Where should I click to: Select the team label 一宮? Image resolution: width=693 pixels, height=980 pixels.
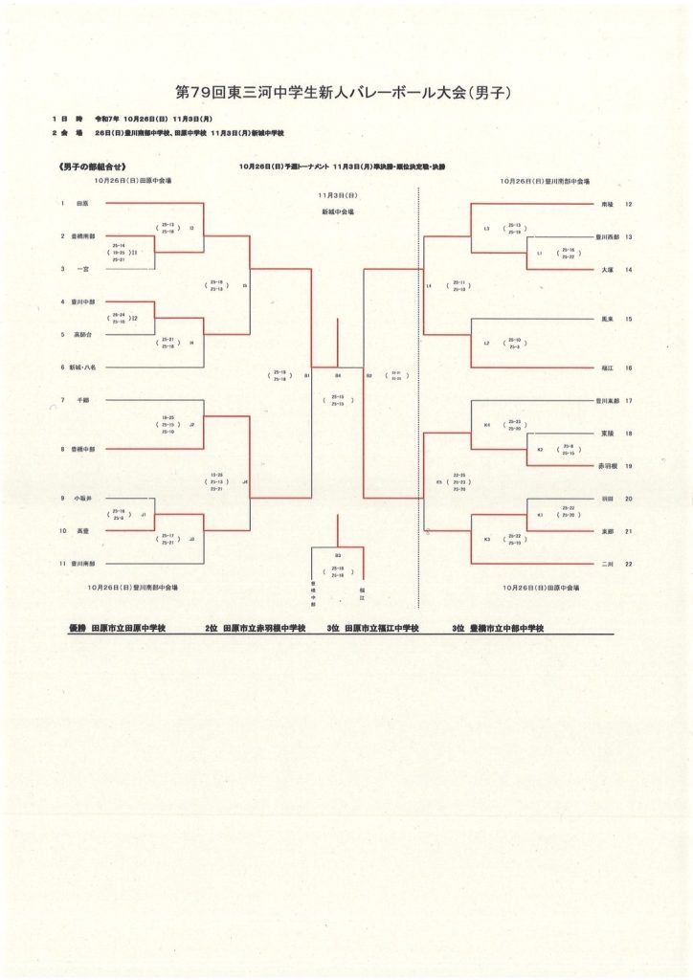(83, 270)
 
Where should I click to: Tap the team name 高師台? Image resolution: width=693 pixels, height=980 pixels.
(84, 335)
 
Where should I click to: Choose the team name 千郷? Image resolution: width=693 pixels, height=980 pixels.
(82, 400)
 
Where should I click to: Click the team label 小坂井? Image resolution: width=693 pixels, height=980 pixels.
(83, 499)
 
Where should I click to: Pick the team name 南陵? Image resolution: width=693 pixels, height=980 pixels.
(607, 204)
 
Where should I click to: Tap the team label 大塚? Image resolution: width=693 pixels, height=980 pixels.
(607, 270)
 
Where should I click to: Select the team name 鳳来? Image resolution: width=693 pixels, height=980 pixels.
(607, 318)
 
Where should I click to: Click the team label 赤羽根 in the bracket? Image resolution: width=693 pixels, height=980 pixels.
(607, 466)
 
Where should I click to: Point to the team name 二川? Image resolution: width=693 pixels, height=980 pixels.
(607, 564)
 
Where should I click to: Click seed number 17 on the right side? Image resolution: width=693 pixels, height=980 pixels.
(629, 401)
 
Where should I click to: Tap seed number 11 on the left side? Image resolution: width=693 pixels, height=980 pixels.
(62, 564)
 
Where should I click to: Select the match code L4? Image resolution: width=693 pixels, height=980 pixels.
(429, 285)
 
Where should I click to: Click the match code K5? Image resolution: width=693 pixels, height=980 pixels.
(439, 482)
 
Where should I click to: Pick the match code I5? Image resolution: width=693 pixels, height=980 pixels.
(244, 285)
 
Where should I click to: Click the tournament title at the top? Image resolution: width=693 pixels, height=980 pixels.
(346, 93)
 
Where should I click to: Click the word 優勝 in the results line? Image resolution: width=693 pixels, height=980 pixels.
(78, 629)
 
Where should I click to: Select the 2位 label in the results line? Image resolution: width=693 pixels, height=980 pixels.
(211, 629)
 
